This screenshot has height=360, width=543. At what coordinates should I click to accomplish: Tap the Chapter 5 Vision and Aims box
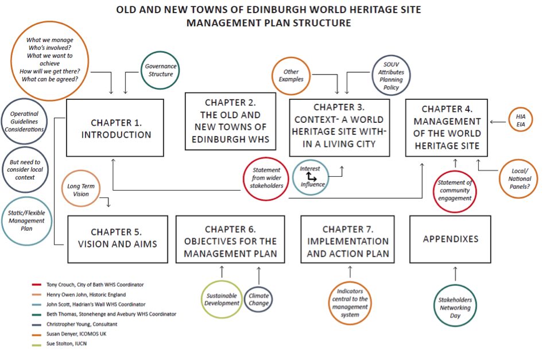coord(117,238)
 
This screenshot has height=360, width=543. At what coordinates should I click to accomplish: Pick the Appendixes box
coord(451,238)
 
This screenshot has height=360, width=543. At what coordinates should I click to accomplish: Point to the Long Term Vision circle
coord(81,190)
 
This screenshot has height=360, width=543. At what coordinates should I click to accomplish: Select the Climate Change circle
coord(259,299)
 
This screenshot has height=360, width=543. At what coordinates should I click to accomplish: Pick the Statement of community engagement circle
coord(455,190)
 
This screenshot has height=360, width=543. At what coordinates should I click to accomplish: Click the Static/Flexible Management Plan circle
coord(26,220)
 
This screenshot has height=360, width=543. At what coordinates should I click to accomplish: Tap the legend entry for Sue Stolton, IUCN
coord(66,344)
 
